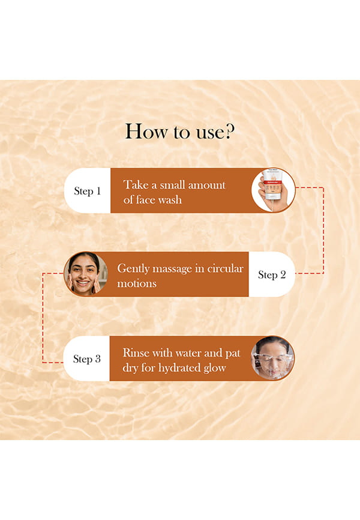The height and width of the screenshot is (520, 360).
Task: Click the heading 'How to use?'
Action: pyautogui.click(x=179, y=132)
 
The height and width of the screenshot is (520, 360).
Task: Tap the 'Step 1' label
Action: pyautogui.click(x=87, y=191)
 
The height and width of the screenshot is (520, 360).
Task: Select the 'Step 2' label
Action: pyautogui.click(x=272, y=275)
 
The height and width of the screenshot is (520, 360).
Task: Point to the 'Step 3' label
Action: pyautogui.click(x=87, y=359)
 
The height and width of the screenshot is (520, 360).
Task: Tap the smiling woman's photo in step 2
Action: pyautogui.click(x=86, y=274)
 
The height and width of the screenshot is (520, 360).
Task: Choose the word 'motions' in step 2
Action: pyautogui.click(x=137, y=283)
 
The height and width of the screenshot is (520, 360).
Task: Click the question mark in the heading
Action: pyautogui.click(x=229, y=132)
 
